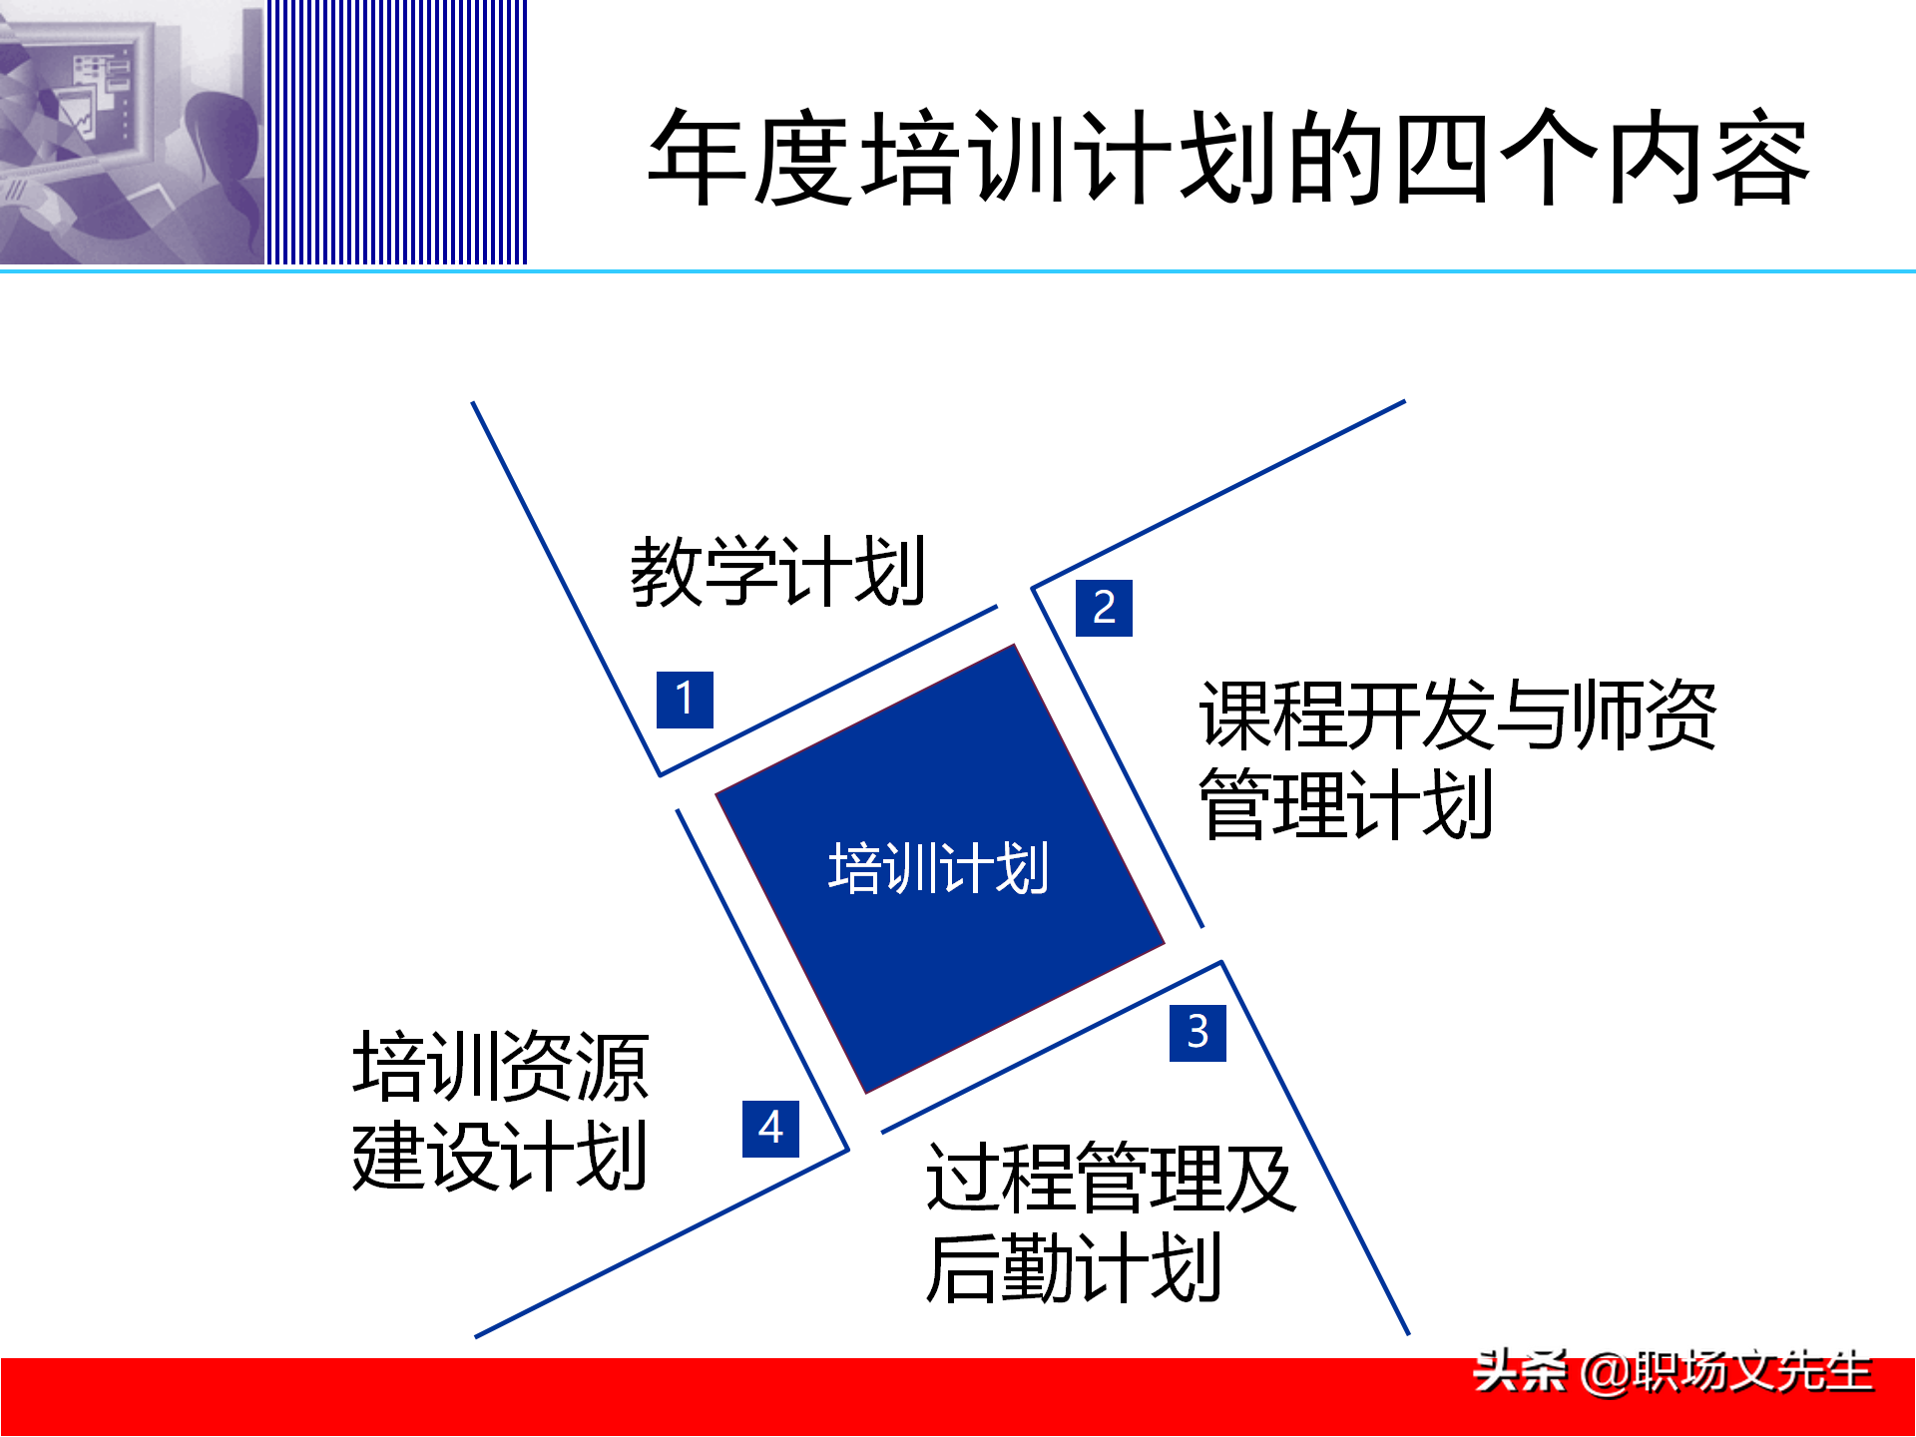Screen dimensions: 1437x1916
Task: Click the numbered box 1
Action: coord(685,700)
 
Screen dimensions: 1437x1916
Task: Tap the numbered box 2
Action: coord(1104,608)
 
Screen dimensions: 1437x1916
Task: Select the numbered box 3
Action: coord(1197,1032)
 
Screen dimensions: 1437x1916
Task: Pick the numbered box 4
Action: coord(770,1129)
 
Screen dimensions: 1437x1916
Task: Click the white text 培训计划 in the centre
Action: coord(938,868)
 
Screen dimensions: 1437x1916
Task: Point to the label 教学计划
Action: coord(778,571)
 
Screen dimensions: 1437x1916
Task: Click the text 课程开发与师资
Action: coord(1457,715)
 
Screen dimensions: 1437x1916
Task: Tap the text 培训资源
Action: coord(501,1067)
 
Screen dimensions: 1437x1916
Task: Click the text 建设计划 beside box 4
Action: coord(501,1156)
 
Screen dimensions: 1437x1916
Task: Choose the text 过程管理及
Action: coord(1111,1179)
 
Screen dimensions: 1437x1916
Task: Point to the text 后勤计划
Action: coord(1074,1268)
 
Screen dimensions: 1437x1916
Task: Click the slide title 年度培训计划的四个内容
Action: coord(1227,158)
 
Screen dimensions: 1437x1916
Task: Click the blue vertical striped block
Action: coord(396,132)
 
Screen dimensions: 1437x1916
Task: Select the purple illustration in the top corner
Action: coord(132,132)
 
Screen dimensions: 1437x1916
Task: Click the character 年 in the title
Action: coord(699,158)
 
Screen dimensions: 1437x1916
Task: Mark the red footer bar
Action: coord(699,1397)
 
